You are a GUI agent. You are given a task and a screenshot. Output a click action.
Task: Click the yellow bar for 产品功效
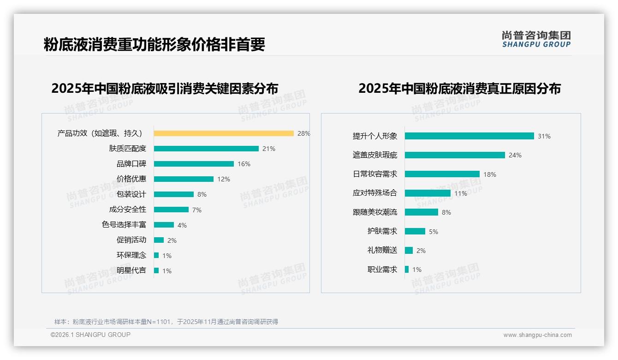(x=224, y=133)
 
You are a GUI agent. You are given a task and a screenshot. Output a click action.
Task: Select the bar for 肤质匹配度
(x=206, y=149)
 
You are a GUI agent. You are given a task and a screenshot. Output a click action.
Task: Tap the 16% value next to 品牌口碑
(x=244, y=164)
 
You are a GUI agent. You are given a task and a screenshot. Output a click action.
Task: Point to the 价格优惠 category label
(x=131, y=179)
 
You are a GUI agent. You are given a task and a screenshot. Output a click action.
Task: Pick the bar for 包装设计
(x=174, y=194)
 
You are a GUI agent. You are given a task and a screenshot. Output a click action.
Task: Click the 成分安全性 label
(x=128, y=210)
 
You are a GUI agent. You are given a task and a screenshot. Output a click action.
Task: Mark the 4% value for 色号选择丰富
(x=182, y=225)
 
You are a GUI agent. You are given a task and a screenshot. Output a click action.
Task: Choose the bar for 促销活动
(x=159, y=240)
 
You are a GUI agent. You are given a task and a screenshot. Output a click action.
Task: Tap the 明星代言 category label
(x=131, y=270)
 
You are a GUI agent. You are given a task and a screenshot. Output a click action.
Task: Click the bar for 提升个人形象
(x=469, y=136)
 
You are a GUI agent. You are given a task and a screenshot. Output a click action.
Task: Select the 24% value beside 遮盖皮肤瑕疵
(x=515, y=156)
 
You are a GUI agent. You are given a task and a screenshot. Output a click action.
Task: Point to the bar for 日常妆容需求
(x=442, y=174)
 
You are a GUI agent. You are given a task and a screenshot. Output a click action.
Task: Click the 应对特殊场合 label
(x=375, y=193)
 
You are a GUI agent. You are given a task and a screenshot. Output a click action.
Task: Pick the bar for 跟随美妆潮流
(x=422, y=212)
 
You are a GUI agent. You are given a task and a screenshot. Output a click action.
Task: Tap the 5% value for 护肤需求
(x=434, y=232)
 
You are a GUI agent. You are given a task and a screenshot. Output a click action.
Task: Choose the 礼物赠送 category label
(x=382, y=250)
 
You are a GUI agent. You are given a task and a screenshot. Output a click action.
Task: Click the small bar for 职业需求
(x=407, y=270)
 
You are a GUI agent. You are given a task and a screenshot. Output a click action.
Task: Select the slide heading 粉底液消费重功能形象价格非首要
(x=154, y=44)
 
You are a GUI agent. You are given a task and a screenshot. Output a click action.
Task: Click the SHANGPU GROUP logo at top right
(x=536, y=39)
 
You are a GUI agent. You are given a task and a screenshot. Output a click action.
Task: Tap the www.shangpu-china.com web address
(x=537, y=335)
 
